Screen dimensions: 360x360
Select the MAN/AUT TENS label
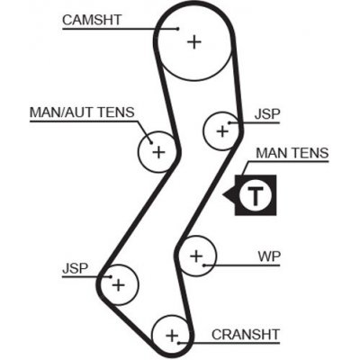[81, 112]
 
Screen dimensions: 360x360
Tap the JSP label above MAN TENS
[268, 114]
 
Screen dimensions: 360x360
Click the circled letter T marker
[257, 195]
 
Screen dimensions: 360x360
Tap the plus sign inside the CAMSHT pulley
[193, 40]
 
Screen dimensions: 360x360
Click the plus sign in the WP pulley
[195, 256]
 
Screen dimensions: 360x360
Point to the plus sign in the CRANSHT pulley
[172, 335]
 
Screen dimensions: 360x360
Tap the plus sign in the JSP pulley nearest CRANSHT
[118, 286]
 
